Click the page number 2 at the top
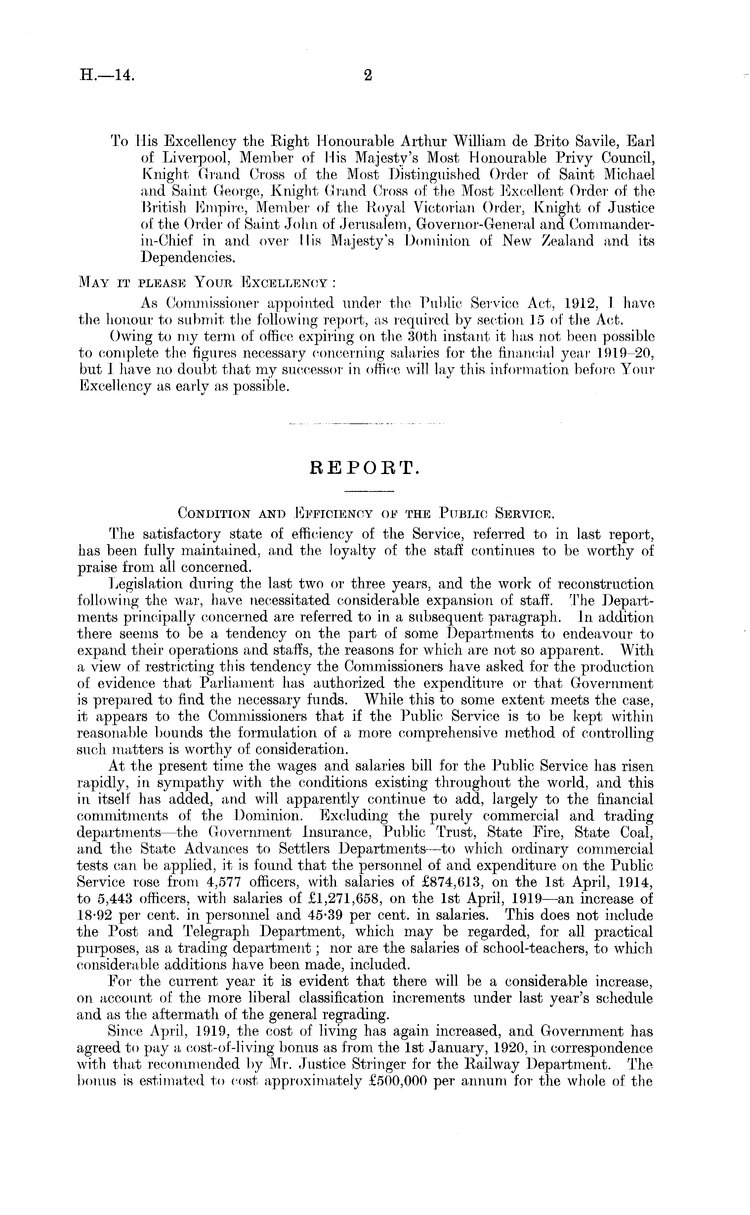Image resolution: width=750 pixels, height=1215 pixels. pos(368,75)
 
